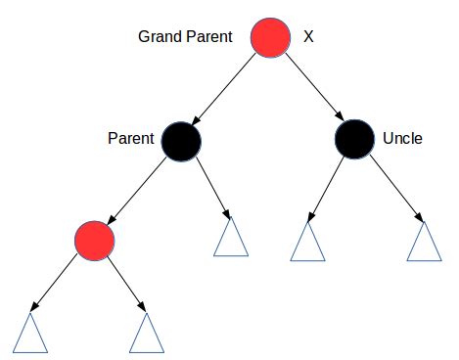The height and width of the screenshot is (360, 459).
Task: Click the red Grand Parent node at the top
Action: coord(271,38)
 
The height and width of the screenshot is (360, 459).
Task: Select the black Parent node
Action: coord(182,139)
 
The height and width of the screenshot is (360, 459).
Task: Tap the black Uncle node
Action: coord(353,138)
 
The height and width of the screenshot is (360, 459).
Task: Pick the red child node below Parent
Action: coord(94,239)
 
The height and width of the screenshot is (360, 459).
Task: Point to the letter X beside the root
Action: coord(309,37)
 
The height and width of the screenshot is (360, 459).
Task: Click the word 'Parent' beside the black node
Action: coord(130,138)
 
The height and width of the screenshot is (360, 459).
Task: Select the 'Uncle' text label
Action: coord(402,138)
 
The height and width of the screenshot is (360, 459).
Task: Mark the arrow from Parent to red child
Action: coord(139,188)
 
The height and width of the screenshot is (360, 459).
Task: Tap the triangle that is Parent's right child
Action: coord(231,238)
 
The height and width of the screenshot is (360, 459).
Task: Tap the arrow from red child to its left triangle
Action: coord(59,284)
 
